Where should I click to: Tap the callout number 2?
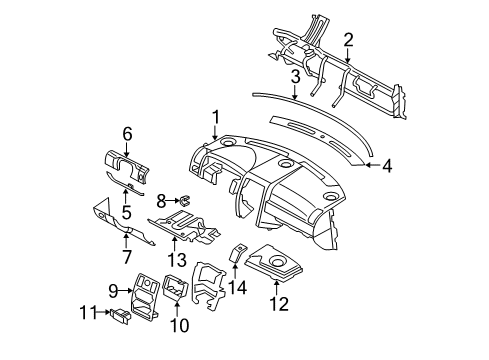[347, 39]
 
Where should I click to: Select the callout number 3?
[295, 76]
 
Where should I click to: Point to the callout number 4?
[387, 165]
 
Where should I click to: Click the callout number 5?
[126, 212]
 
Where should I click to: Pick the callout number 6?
[127, 133]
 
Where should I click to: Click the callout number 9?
[113, 291]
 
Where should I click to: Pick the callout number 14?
[237, 286]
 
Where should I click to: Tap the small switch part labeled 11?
[118, 316]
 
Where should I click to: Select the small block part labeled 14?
[240, 254]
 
